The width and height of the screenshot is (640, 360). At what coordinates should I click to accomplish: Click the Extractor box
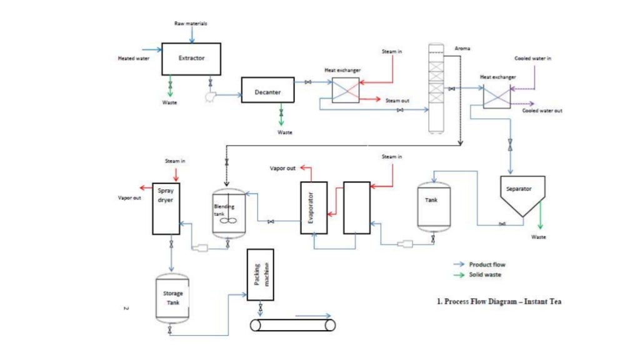[191, 59]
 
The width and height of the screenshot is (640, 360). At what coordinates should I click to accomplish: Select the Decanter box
[267, 92]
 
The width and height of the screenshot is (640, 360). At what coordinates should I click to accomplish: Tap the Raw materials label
[190, 23]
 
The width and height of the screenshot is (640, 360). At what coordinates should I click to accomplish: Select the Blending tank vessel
[229, 212]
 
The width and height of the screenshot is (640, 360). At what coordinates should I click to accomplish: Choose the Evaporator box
[314, 207]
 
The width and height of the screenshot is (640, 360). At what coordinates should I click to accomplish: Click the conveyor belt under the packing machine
[292, 325]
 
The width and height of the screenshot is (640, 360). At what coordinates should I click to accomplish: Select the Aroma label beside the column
[462, 48]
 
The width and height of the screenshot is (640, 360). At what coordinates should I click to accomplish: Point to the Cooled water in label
[532, 58]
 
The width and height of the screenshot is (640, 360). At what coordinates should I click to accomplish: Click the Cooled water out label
[542, 111]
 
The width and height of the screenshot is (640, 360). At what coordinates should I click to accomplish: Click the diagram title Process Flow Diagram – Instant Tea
[499, 301]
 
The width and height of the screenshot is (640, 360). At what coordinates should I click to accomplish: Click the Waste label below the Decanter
[284, 132]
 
